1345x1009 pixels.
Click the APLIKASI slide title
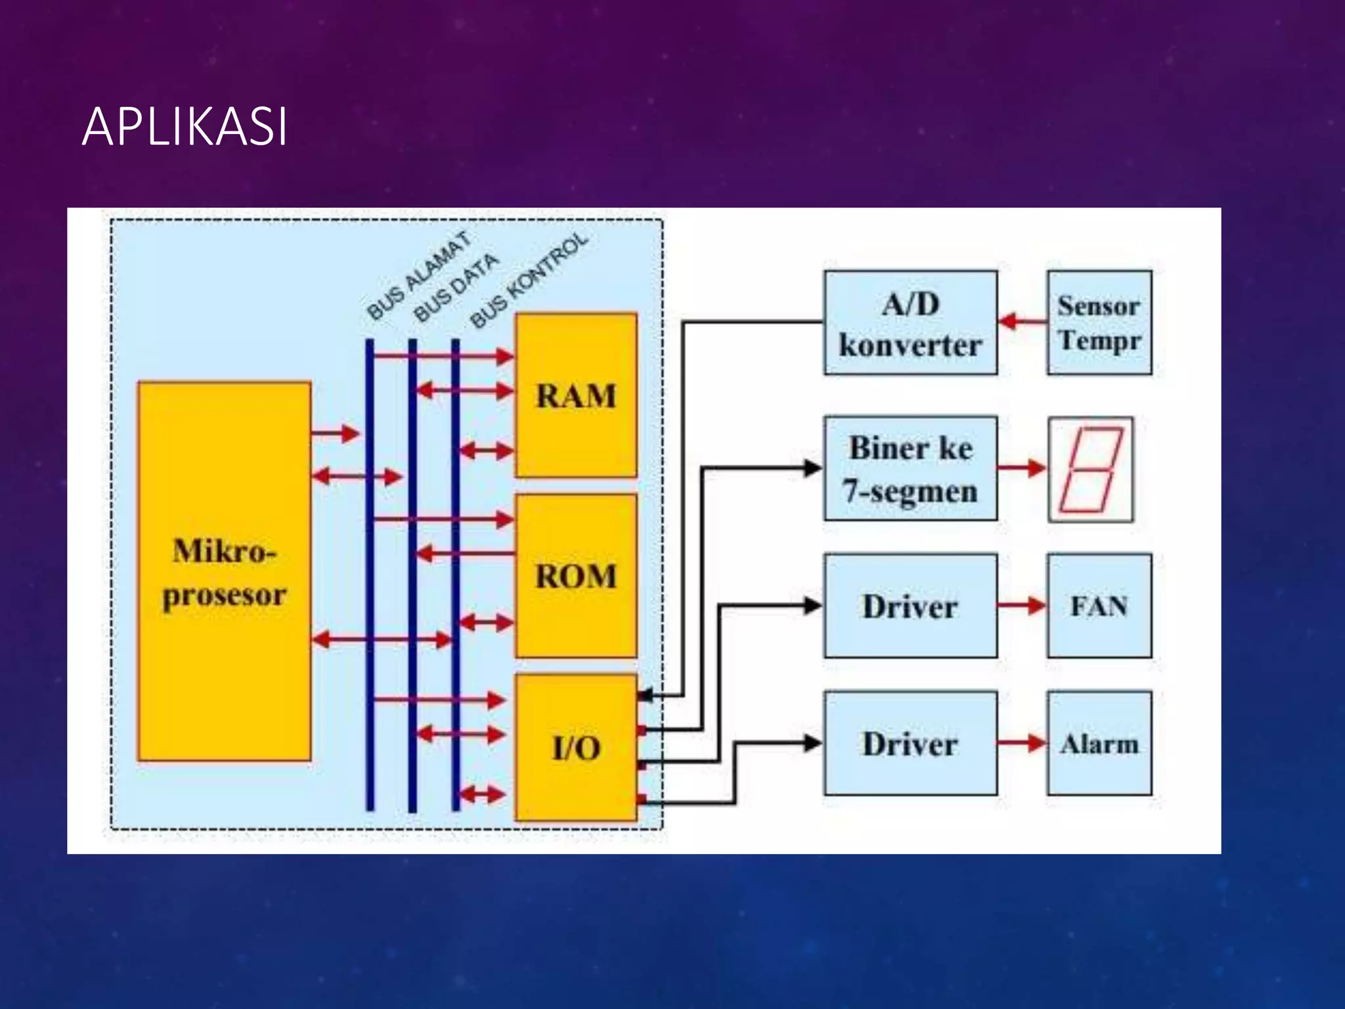point(185,126)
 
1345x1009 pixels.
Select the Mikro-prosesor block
point(224,572)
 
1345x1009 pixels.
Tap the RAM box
point(576,395)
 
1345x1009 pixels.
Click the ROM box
point(576,575)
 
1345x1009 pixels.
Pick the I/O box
point(576,748)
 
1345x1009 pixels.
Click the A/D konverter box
point(910,323)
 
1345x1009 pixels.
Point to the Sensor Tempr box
point(1099,323)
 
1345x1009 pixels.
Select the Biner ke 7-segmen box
point(910,468)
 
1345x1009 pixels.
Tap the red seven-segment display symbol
point(1090,469)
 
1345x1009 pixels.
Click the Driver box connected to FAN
point(910,606)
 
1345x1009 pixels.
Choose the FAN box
point(1099,606)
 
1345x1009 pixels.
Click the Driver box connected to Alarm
point(910,744)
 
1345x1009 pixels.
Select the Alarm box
point(1099,744)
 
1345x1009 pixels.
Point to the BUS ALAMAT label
point(418,276)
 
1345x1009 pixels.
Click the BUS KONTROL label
point(529,280)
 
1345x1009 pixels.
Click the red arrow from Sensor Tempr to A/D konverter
point(1022,322)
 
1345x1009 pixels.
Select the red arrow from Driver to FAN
point(1022,606)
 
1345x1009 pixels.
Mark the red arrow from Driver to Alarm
point(1022,744)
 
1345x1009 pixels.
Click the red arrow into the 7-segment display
point(1022,468)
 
